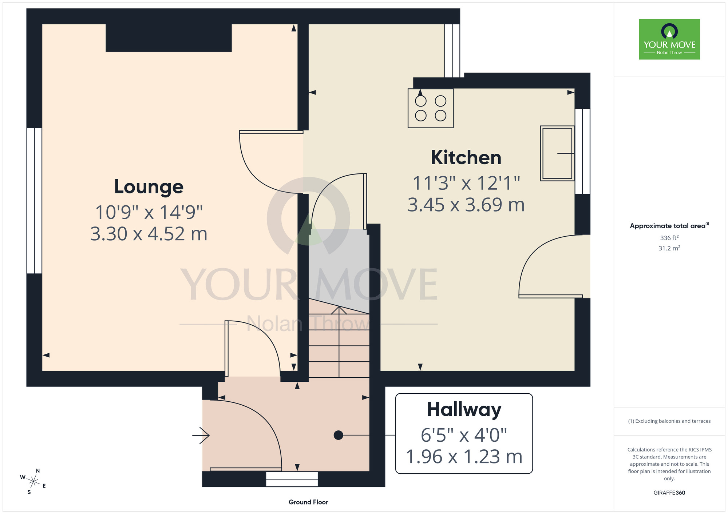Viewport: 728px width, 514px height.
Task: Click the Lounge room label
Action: pos(149,187)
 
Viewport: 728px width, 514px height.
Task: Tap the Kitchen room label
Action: pos(466,157)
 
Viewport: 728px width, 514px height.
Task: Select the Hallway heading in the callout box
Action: pos(464,410)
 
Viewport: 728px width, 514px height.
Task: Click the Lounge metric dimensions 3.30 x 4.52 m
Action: pos(149,234)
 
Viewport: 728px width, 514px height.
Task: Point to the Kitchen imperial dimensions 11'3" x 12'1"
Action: pos(466,183)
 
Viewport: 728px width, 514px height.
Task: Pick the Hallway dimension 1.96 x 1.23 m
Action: pos(464,457)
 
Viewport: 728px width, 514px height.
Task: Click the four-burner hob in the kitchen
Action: pos(431,108)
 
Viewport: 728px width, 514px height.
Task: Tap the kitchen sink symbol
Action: pos(557,153)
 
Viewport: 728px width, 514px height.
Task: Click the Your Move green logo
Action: pos(669,39)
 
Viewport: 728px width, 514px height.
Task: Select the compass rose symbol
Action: pos(33,482)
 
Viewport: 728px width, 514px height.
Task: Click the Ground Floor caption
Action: pos(308,502)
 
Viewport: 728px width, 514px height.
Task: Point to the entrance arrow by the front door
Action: pos(201,435)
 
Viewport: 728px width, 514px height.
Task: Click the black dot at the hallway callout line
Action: pos(338,435)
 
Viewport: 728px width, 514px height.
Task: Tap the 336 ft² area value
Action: pos(669,238)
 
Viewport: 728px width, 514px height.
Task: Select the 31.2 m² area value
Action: pos(669,248)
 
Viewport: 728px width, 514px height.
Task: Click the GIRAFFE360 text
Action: pos(669,493)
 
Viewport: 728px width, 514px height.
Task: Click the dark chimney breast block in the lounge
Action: pos(169,38)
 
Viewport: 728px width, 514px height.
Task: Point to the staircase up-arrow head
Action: pos(339,310)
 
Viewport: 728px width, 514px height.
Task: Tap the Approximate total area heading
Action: pos(669,226)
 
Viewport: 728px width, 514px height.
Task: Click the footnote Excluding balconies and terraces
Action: pos(669,421)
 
